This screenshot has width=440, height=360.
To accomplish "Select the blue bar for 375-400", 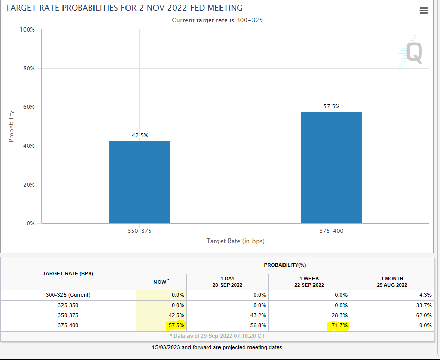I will tap(331, 168).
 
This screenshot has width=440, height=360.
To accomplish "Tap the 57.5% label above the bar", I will tap(331, 106).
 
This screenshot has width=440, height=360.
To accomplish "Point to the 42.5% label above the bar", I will tap(140, 135).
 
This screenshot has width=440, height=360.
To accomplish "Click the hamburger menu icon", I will tap(424, 11).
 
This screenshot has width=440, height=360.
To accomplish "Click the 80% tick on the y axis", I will tap(27, 68).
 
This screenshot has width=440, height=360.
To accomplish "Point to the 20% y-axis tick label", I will tap(27, 185).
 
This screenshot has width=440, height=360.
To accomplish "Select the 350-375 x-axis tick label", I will tap(140, 231).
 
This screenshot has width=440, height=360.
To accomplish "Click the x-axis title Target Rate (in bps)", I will tap(235, 241).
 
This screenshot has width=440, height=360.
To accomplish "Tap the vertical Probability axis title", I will tap(11, 127).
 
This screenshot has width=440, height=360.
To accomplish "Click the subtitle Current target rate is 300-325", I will tap(217, 20).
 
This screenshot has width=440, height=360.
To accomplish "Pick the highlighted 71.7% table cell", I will tap(337, 325).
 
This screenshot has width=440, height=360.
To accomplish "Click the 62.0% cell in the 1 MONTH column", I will tap(423, 315).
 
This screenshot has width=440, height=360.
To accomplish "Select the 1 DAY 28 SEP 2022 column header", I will tap(227, 281).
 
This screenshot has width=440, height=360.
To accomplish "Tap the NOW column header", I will tap(161, 282).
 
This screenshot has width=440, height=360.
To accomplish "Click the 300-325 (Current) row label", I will tap(68, 295).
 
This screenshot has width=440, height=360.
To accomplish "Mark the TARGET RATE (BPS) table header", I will tap(68, 273).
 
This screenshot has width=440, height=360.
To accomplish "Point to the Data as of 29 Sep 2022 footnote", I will tap(217, 337).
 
